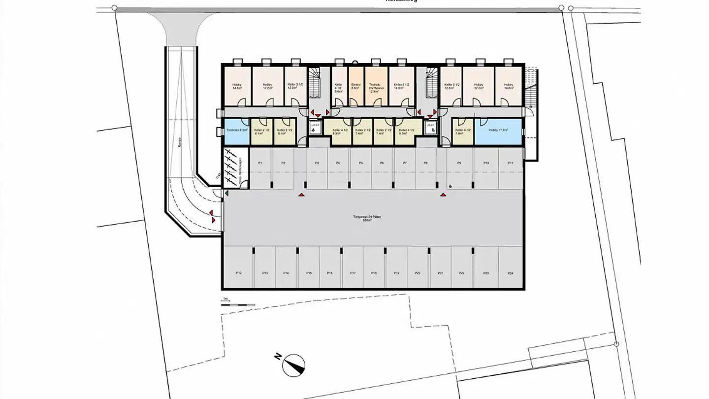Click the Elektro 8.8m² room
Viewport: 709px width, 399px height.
[356, 86]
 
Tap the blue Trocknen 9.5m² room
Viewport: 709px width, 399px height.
[237, 131]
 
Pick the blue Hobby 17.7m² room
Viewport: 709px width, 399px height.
[498, 131]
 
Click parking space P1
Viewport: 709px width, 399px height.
[260, 167]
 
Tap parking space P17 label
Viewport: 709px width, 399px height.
[353, 272]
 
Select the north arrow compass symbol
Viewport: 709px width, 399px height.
[294, 365]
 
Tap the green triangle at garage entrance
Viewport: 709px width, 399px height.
[227, 194]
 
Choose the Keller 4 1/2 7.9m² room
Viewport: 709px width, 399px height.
[462, 131]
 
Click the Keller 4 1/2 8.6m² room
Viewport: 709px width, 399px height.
[339, 86]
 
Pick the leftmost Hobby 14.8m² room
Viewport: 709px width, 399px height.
[237, 86]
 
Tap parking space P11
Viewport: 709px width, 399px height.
[511, 167]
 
